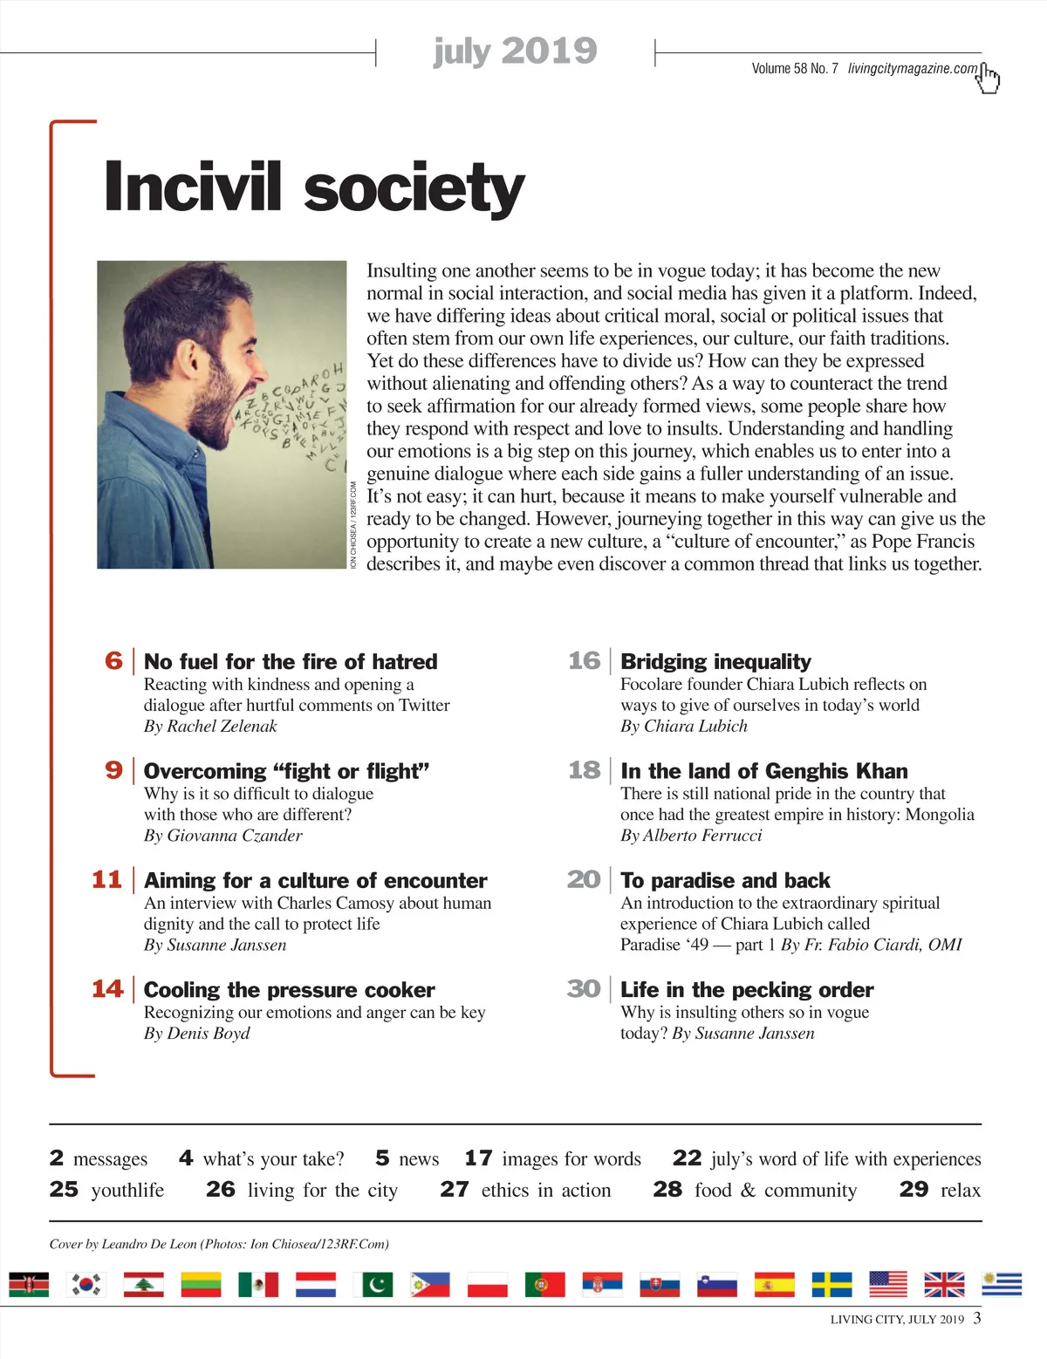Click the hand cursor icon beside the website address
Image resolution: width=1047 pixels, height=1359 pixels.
point(988,78)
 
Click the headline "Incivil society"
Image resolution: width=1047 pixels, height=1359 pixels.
point(314,187)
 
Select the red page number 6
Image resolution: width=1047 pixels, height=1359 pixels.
point(113,660)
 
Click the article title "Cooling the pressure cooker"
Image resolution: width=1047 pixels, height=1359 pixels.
point(289,990)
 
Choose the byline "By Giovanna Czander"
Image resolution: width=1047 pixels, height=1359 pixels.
point(222,836)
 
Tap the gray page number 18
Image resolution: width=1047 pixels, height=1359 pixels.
point(584,770)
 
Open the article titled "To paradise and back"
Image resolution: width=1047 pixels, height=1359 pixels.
point(725,880)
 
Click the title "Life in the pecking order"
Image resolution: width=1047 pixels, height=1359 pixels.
point(747,990)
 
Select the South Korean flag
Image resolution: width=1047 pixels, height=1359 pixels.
point(86,1284)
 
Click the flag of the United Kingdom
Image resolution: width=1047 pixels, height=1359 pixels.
point(944,1284)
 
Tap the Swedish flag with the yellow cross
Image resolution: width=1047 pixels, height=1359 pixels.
point(831,1284)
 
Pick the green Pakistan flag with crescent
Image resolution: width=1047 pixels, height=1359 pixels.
point(373,1284)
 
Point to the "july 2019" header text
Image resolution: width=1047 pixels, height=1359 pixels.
point(515,51)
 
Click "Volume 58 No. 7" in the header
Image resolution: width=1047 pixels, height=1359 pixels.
point(794,69)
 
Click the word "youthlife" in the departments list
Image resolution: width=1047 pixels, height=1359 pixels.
point(127,1191)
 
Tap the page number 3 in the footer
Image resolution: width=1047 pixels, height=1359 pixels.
point(977,1317)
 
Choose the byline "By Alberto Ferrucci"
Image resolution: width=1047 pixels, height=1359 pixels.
point(691,836)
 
